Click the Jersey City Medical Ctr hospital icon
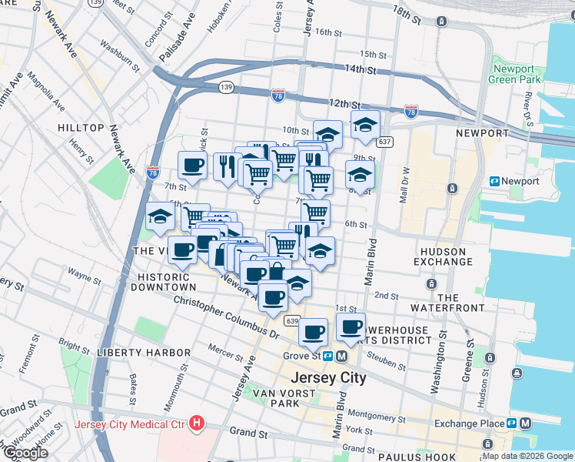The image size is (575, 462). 198,423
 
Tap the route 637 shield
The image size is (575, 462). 384,142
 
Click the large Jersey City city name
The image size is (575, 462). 328,378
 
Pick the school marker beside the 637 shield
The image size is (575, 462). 366,124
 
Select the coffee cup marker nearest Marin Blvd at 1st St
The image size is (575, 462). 351,326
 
